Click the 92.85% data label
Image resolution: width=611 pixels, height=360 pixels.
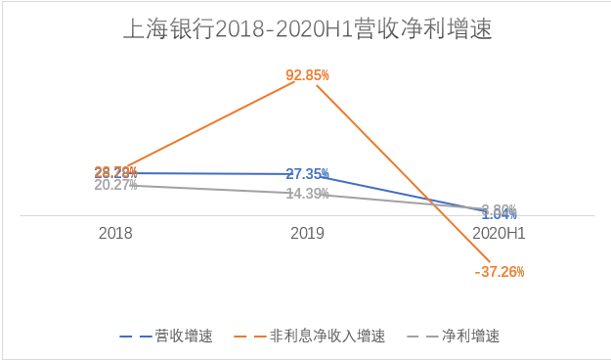pos(307,74)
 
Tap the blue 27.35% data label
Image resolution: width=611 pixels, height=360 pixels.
pos(307,174)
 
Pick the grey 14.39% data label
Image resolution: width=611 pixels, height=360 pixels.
pos(307,194)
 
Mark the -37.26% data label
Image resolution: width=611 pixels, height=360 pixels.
pos(499,271)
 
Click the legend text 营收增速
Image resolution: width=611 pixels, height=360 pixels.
pos(183,336)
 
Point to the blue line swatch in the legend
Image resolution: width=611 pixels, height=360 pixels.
pos(135,336)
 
